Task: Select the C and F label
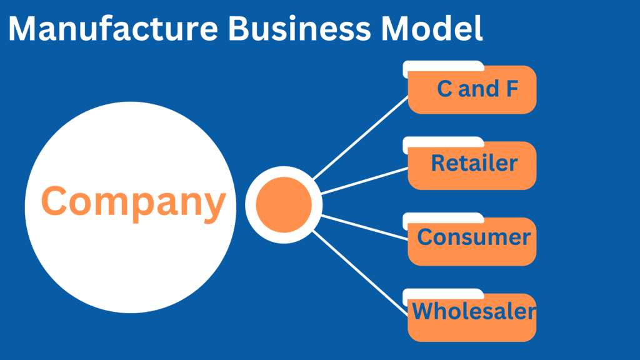pyautogui.click(x=477, y=89)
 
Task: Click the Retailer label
pyautogui.click(x=474, y=164)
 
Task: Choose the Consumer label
pyautogui.click(x=474, y=237)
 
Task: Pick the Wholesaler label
pyautogui.click(x=474, y=311)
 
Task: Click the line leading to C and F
pyautogui.click(x=362, y=137)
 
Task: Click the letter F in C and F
pyautogui.click(x=511, y=89)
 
